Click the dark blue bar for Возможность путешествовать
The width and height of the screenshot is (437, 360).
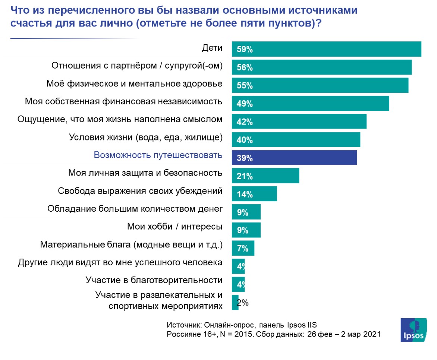[294, 158]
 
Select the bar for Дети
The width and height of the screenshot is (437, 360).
[326, 49]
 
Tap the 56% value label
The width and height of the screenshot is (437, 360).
[245, 67]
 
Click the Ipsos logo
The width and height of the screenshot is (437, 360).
[414, 329]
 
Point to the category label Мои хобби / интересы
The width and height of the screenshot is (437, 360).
[175, 226]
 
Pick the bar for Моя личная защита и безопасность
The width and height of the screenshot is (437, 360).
[265, 176]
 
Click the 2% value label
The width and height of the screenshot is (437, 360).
[243, 303]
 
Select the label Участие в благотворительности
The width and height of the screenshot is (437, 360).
[154, 280]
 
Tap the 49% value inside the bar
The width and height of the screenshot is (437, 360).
[245, 104]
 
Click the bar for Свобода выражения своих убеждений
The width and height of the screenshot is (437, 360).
[254, 194]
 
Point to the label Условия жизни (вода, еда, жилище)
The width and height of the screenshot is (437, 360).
[146, 137]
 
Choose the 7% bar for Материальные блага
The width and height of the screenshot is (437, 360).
[243, 248]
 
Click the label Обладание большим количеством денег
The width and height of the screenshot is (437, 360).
[135, 208]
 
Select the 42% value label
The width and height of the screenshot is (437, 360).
[245, 122]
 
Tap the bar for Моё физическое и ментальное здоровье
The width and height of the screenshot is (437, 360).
[320, 85]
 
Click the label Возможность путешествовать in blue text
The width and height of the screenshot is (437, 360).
[158, 155]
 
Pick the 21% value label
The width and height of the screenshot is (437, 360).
[245, 176]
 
